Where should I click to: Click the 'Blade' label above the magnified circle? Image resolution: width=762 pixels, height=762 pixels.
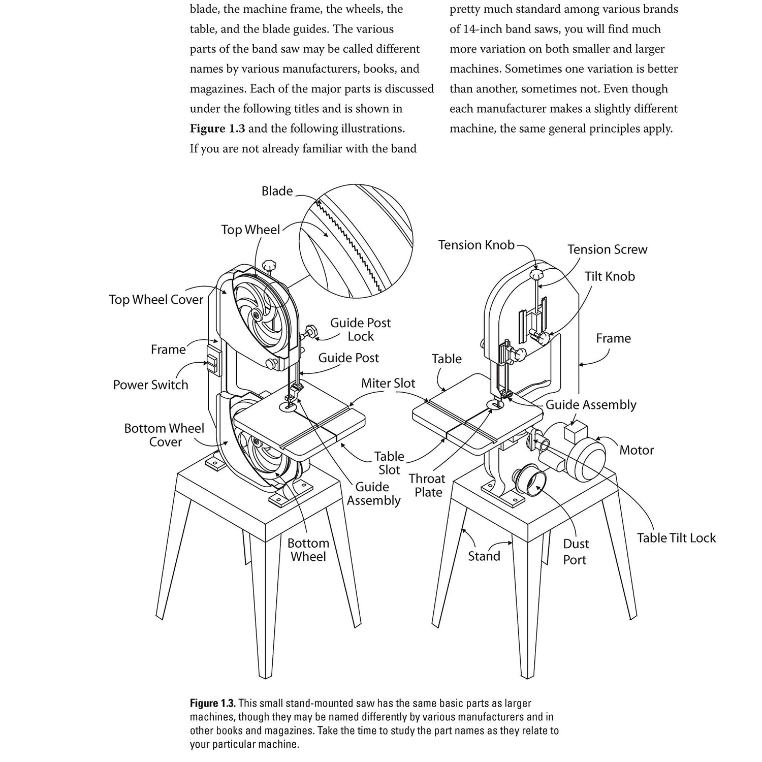pyautogui.click(x=277, y=191)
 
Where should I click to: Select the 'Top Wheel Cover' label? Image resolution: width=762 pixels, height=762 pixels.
pyautogui.click(x=155, y=300)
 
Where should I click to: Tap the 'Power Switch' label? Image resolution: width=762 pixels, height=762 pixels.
pyautogui.click(x=150, y=385)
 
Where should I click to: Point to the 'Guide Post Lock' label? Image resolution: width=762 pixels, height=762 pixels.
pyautogui.click(x=360, y=330)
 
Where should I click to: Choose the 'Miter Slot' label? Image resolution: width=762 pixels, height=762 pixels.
pyautogui.click(x=388, y=383)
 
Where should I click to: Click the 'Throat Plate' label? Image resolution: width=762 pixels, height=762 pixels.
pyautogui.click(x=427, y=486)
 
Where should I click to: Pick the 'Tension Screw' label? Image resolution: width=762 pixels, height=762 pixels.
pyautogui.click(x=607, y=249)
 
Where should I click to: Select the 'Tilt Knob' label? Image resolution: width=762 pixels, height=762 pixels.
pyautogui.click(x=610, y=276)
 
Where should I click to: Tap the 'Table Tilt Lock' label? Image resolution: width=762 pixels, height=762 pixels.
pyautogui.click(x=676, y=538)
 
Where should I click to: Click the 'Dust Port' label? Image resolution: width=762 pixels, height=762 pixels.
pyautogui.click(x=576, y=552)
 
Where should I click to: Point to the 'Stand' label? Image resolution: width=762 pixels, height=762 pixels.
pyautogui.click(x=484, y=556)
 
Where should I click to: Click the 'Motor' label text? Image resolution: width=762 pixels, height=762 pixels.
pyautogui.click(x=637, y=450)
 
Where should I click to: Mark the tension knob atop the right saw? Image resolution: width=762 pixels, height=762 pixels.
pyautogui.click(x=536, y=275)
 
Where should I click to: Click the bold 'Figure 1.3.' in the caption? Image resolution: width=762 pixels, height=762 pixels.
pyautogui.click(x=212, y=704)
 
